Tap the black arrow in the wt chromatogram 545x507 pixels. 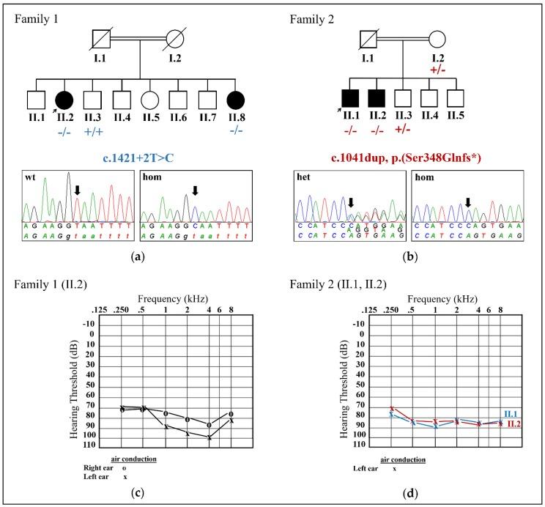pyautogui.click(x=78, y=190)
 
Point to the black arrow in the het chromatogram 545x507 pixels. pyautogui.click(x=351, y=202)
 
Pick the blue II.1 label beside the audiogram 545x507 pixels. pyautogui.click(x=514, y=414)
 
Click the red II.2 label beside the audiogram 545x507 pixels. pyautogui.click(x=514, y=423)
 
